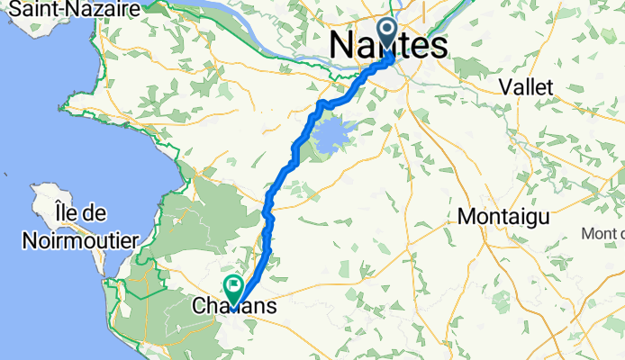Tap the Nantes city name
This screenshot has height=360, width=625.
[x=388, y=46]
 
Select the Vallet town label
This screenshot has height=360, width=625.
[x=535, y=86]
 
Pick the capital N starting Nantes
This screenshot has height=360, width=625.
[x=343, y=46]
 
